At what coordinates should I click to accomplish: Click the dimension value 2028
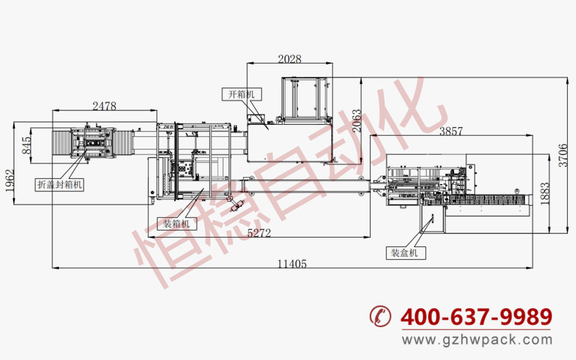[x=289, y=59]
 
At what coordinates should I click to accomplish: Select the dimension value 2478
[x=104, y=106]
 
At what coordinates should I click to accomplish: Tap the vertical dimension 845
[x=26, y=145]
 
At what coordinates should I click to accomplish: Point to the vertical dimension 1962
[x=10, y=181]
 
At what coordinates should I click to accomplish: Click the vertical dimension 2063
[x=356, y=121]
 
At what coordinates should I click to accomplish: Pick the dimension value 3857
[x=451, y=131]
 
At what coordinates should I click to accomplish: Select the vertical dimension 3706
[x=563, y=155]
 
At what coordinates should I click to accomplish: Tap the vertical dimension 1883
[x=545, y=194]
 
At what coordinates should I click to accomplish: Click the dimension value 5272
[x=259, y=233]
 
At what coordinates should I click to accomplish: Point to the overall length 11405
[x=292, y=264]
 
